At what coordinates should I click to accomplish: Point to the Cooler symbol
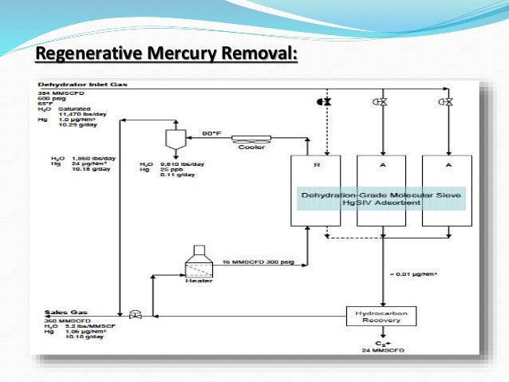[251, 138]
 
